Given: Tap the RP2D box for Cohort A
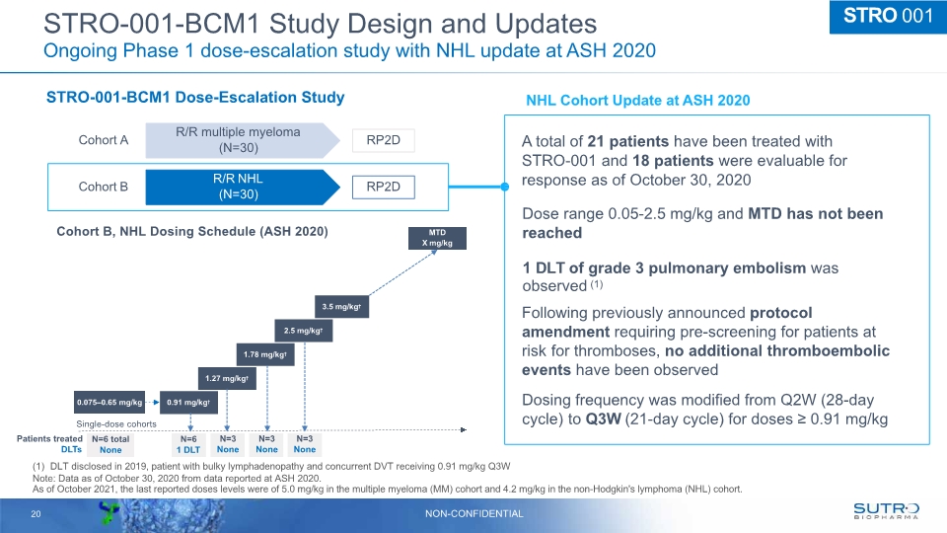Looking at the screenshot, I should pos(383,140).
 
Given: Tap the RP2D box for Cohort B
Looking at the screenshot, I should pos(383,186).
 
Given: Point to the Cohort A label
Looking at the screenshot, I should pos(104,140).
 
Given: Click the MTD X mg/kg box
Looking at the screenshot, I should pos(438,239).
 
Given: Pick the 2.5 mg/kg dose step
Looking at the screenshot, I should pos(303,331).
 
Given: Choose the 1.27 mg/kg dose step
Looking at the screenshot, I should pos(226,378).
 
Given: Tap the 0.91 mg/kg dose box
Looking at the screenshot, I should pos(187,402).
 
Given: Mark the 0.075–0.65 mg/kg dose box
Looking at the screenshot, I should pos(109,402).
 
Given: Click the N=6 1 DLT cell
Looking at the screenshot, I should pos(187,444).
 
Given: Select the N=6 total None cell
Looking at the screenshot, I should pos(109,444).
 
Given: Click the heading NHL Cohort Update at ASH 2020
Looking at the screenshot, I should pos(638,101).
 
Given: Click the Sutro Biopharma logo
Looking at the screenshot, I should pos(885,509).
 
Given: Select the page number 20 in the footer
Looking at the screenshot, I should pos(35,512).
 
